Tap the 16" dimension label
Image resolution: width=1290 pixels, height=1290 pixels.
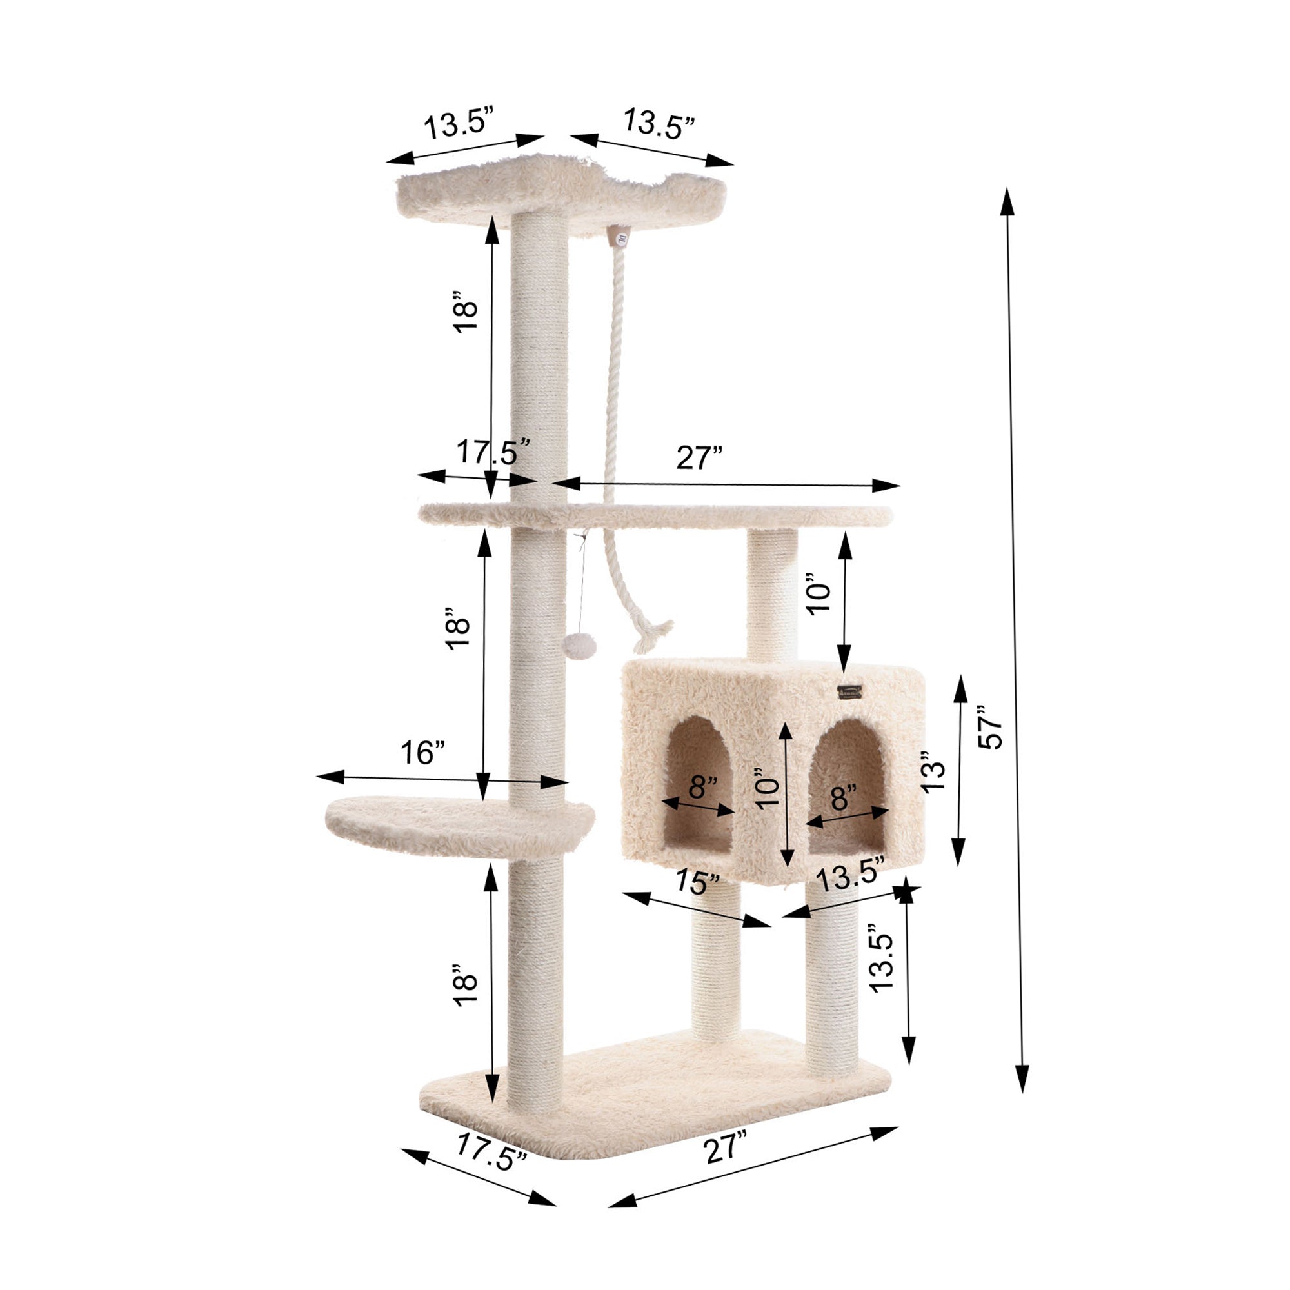tap(422, 753)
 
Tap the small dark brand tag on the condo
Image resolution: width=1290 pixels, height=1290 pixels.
tap(850, 691)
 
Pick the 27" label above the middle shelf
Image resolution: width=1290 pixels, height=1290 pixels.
tap(699, 458)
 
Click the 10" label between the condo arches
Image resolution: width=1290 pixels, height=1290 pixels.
tap(768, 793)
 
